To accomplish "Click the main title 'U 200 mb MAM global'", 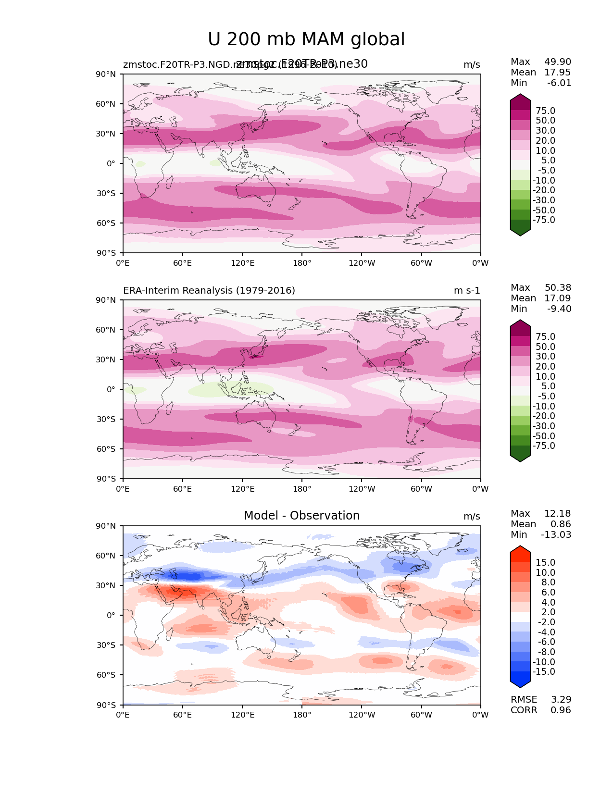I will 306,39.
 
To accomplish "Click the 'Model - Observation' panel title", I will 301,516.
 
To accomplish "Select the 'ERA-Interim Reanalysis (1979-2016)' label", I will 209,291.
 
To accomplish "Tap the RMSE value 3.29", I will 561,700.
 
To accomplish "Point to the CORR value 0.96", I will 561,710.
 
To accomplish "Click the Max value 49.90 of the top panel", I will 558,62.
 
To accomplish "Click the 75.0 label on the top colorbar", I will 545,111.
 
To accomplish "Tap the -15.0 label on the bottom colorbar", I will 544,672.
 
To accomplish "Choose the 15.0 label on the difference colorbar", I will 545,563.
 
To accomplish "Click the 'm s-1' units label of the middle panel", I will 467,291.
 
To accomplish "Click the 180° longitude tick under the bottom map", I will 302,715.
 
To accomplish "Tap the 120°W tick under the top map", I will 362,263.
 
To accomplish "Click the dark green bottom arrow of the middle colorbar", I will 520,456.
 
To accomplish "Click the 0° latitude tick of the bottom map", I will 111,615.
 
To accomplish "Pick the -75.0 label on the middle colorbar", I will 544,446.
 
